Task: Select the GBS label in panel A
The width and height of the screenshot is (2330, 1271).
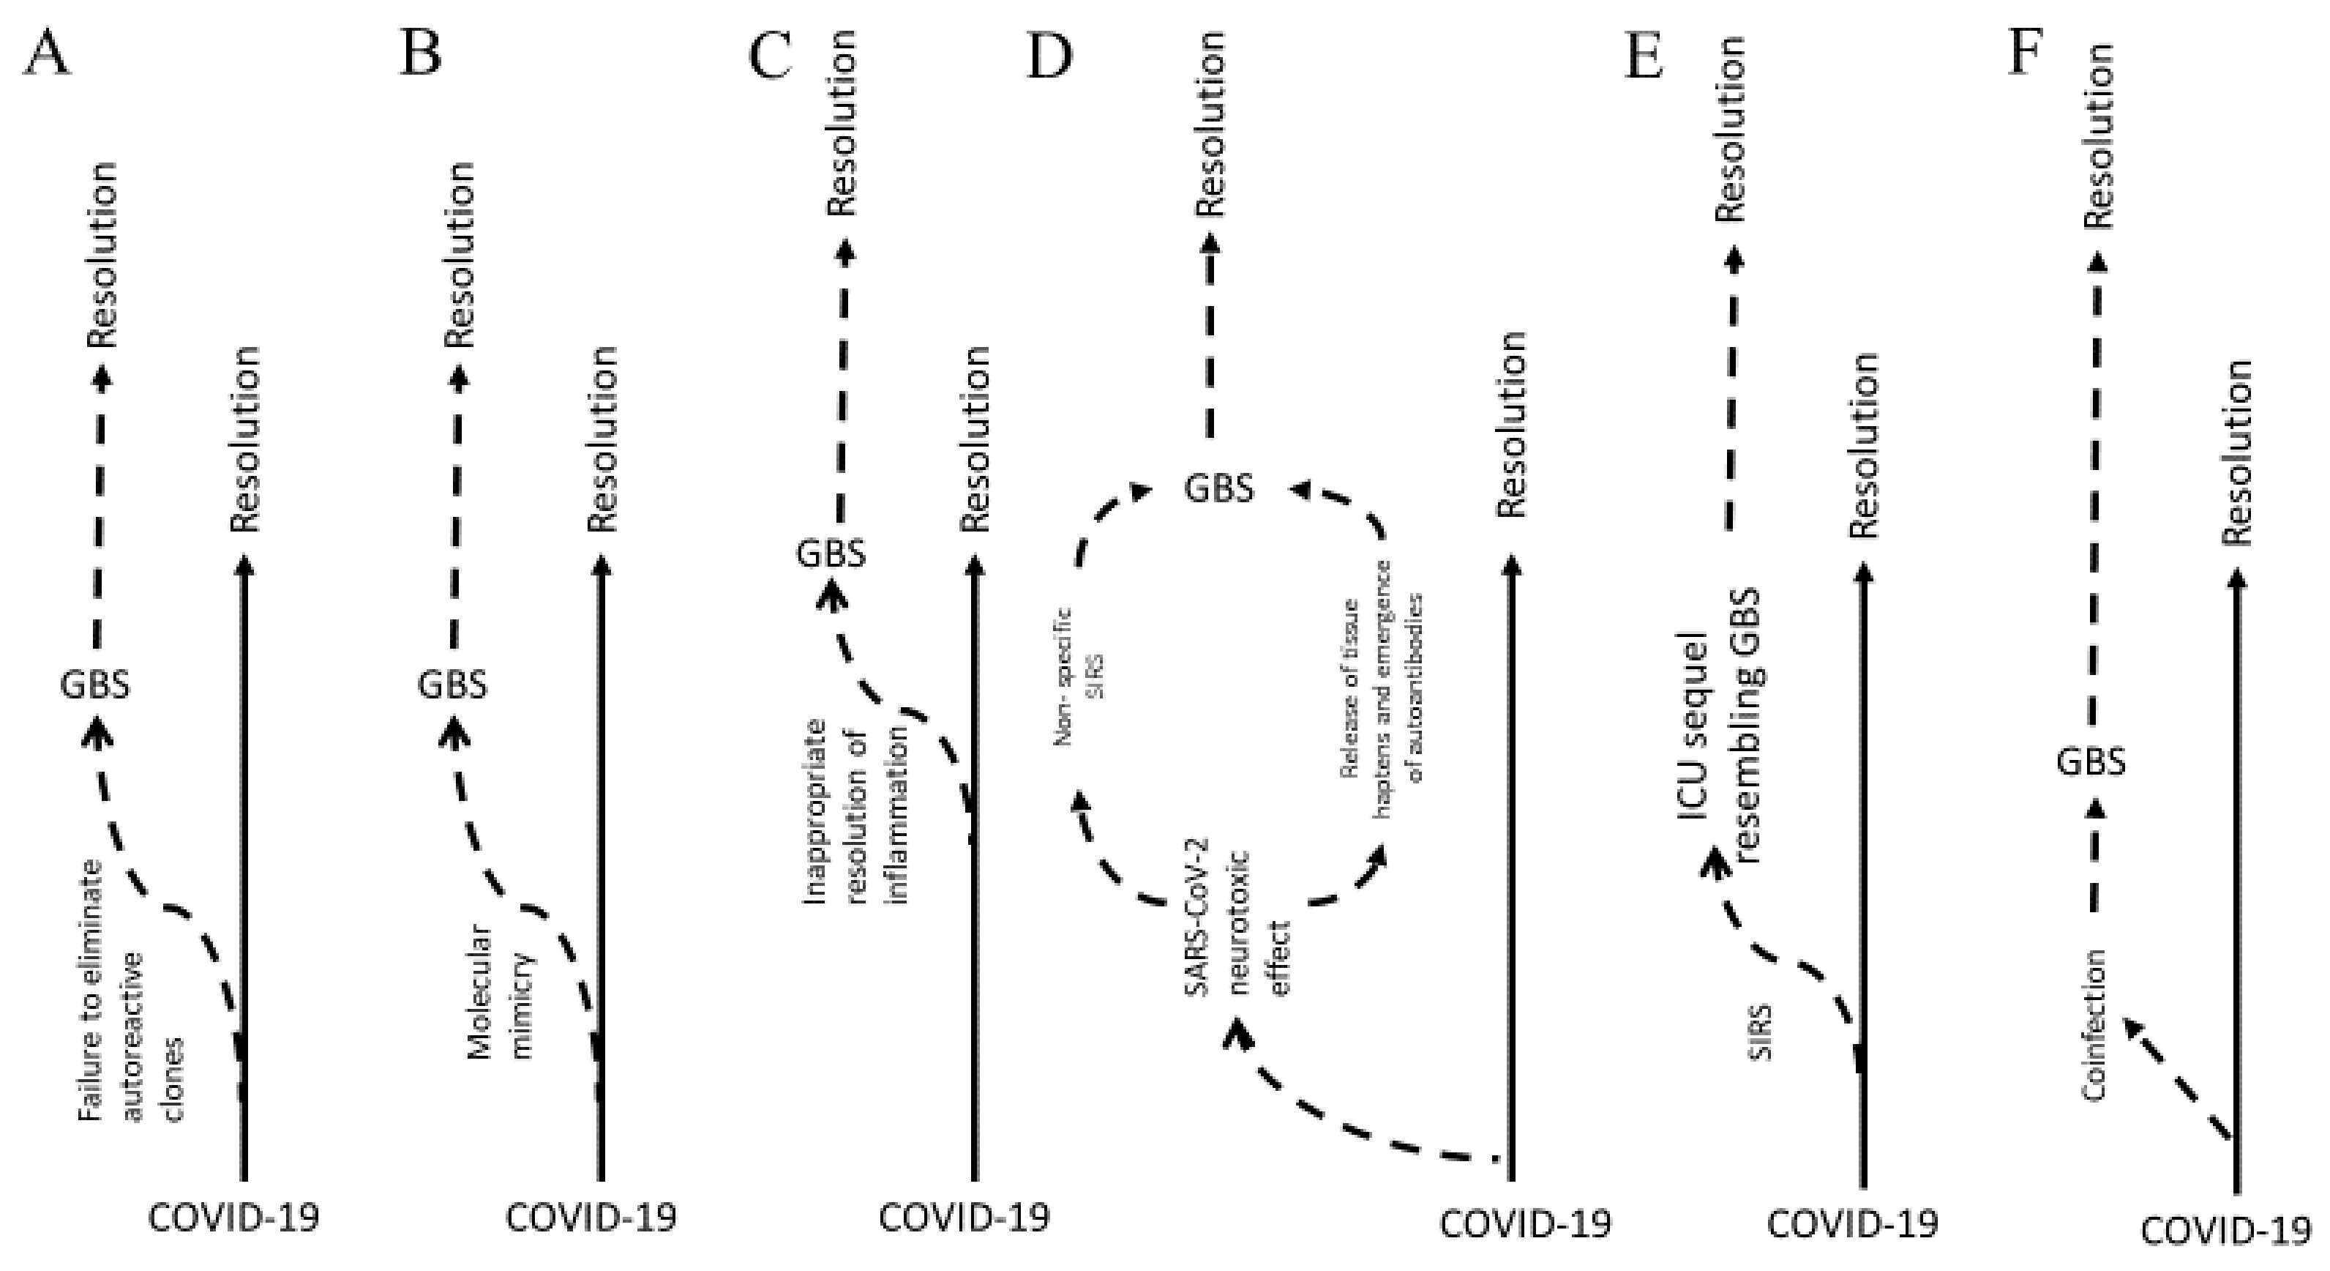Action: pyautogui.click(x=95, y=685)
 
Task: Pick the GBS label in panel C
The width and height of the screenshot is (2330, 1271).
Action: pyautogui.click(x=831, y=553)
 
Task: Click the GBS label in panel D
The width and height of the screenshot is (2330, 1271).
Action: pyautogui.click(x=1219, y=488)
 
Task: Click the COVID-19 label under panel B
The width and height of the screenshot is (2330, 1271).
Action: pyautogui.click(x=590, y=1218)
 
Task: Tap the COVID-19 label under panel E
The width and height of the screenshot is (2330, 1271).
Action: pyautogui.click(x=1852, y=1224)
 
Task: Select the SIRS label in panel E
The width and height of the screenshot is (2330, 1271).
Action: pyautogui.click(x=1759, y=1032)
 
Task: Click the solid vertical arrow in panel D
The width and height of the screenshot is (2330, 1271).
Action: pyautogui.click(x=1510, y=868)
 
